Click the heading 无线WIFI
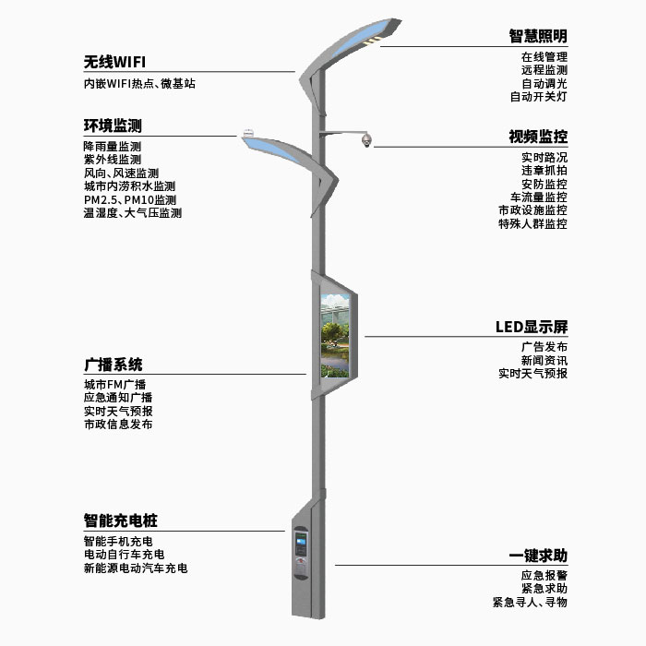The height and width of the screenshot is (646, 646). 114,63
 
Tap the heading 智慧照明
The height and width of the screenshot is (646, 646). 538,36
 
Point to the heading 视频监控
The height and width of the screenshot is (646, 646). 538,137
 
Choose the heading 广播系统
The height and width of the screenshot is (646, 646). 113,365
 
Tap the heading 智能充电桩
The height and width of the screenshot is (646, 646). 120,520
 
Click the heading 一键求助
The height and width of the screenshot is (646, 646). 538,555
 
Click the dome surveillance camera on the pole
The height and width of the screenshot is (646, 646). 365,140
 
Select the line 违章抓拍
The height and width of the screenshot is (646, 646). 544,171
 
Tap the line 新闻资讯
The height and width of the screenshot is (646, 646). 544,360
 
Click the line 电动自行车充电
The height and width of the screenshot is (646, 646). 124,555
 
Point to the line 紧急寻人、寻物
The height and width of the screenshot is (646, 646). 530,602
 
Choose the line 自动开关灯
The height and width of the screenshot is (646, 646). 538,96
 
